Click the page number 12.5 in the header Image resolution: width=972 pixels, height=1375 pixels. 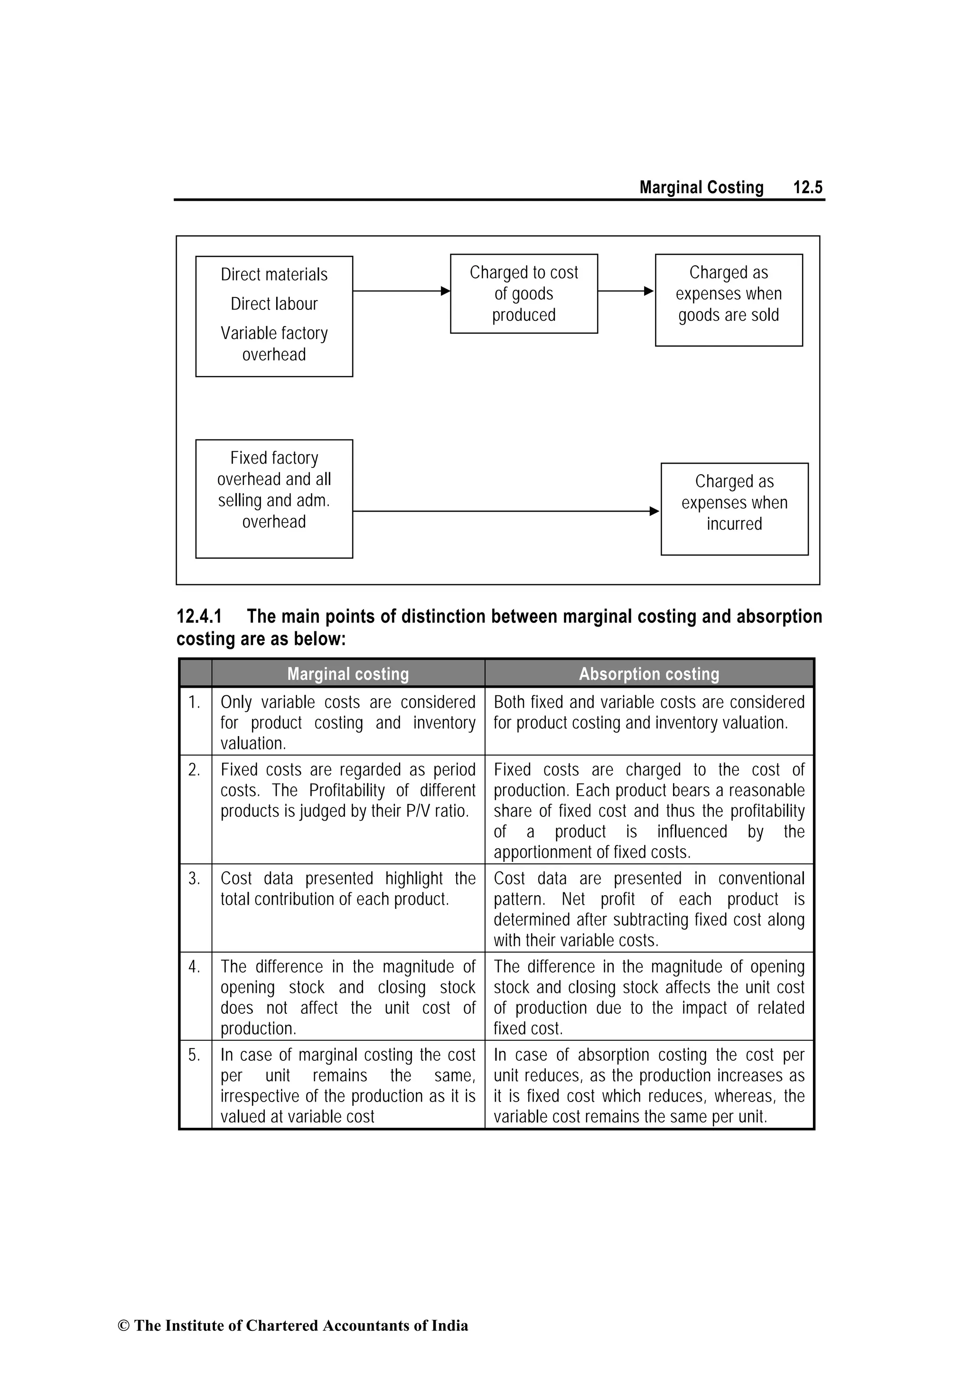point(807,187)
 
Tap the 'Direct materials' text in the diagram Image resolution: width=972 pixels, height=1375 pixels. point(274,274)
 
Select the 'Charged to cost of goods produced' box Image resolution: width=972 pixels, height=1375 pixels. point(523,293)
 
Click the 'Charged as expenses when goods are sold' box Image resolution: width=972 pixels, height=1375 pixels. point(728,299)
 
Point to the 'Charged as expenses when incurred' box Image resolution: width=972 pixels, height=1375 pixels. point(734,508)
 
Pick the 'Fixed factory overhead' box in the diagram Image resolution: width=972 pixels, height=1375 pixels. point(274,498)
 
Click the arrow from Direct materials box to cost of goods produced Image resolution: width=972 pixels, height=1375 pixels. point(401,291)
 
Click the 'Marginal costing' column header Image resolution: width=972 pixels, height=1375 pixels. point(348,673)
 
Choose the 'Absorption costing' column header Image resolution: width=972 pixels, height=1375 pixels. point(649,673)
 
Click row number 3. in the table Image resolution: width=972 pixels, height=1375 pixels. point(194,879)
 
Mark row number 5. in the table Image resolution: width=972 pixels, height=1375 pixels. point(194,1055)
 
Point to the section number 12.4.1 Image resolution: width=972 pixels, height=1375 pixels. point(199,616)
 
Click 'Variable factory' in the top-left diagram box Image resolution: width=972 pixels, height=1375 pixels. point(274,333)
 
